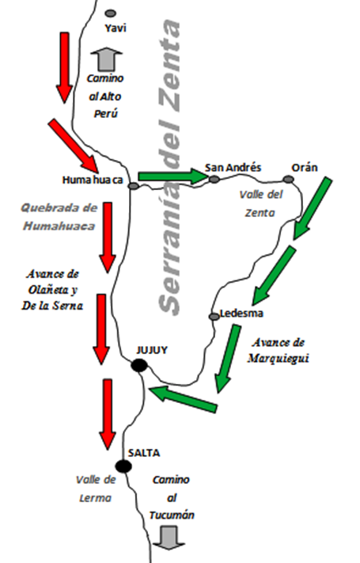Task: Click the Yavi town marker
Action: pyautogui.click(x=111, y=13)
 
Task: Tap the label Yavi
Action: pyautogui.click(x=116, y=28)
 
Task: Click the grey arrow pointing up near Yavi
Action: pyautogui.click(x=106, y=59)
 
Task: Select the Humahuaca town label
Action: pyautogui.click(x=93, y=180)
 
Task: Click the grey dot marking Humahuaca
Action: pyautogui.click(x=133, y=186)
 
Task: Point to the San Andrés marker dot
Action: pyautogui.click(x=214, y=179)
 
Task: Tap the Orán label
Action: pyautogui.click(x=305, y=168)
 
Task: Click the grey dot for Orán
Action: pyautogui.click(x=288, y=179)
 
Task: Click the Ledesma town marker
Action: pyautogui.click(x=214, y=316)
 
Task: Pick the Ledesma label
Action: pyautogui.click(x=241, y=314)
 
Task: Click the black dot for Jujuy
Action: pyautogui.click(x=139, y=366)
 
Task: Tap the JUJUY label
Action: pyautogui.click(x=152, y=350)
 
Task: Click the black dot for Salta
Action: pyautogui.click(x=123, y=466)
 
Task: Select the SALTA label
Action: pyautogui.click(x=144, y=453)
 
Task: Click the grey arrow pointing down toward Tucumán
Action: pyautogui.click(x=169, y=538)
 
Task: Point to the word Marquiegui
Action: pyautogui.click(x=279, y=359)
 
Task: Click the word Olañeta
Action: pyautogui.click(x=48, y=290)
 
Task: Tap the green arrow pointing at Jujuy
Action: pyautogui.click(x=183, y=398)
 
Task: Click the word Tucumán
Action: pyautogui.click(x=172, y=515)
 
